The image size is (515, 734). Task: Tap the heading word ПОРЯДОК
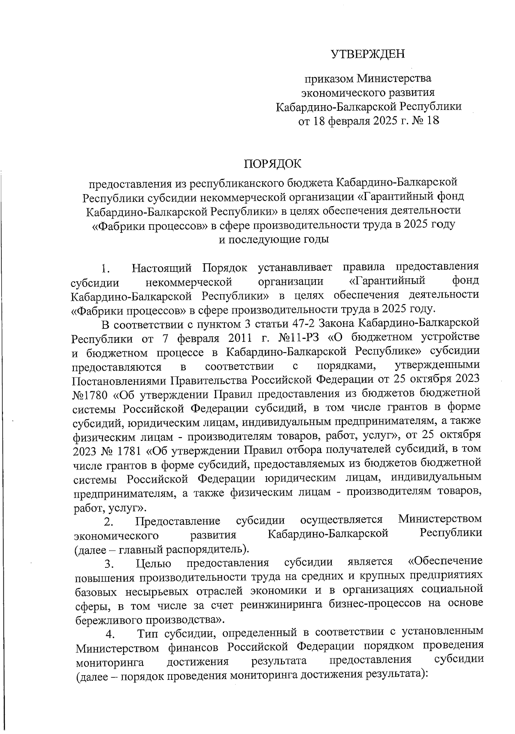tap(273, 164)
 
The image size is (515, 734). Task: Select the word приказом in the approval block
tap(329, 79)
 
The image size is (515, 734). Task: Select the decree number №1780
tap(91, 394)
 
